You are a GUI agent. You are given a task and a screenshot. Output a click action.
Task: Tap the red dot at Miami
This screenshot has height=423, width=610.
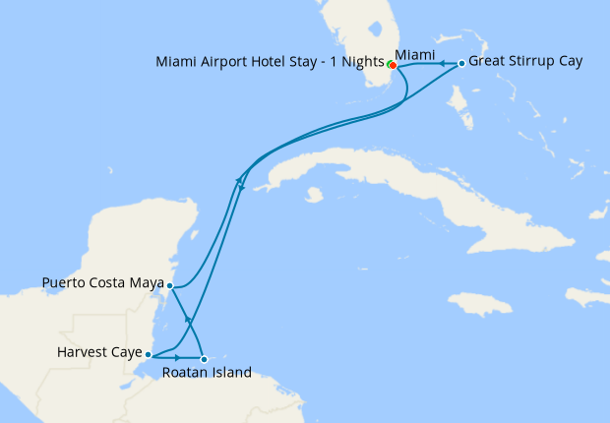[393, 66]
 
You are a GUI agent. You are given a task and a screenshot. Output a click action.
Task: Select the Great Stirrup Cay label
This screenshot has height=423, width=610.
[525, 61]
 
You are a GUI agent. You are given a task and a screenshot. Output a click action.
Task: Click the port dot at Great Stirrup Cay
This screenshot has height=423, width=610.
[461, 64]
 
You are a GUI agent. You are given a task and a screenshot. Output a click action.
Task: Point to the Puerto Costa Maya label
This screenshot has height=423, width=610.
[103, 283]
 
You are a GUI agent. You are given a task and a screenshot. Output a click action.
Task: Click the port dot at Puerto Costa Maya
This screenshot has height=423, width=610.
[170, 286]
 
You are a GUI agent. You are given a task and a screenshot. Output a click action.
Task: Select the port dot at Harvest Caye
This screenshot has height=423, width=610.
[148, 354]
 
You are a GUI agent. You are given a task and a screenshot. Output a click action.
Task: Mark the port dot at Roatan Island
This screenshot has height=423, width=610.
[204, 359]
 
